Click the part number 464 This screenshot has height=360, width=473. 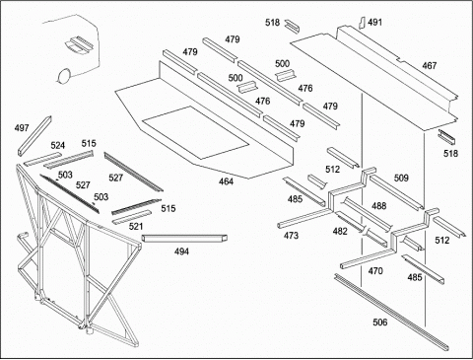tap(226, 181)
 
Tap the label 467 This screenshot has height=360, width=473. tap(429, 66)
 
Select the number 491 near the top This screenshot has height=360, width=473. tap(374, 23)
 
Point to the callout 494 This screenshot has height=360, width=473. tap(181, 252)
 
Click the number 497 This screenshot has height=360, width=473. tap(22, 128)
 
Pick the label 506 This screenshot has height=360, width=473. tap(380, 323)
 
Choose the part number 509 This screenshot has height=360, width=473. tap(401, 179)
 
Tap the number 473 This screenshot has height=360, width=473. tap(291, 236)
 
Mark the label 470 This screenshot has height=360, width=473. tap(375, 271)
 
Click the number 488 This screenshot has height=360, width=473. tap(379, 206)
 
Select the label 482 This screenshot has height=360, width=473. tap(340, 232)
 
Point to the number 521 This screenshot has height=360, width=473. tap(136, 226)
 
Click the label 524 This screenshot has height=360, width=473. tap(58, 146)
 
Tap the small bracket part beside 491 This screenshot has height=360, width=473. tap(362, 23)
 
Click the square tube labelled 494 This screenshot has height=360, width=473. tap(184, 239)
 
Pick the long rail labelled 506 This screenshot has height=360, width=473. tap(391, 312)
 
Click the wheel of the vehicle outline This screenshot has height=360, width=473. tap(63, 76)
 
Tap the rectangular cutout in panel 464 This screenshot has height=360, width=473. tap(196, 132)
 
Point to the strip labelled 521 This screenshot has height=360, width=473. tap(130, 217)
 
